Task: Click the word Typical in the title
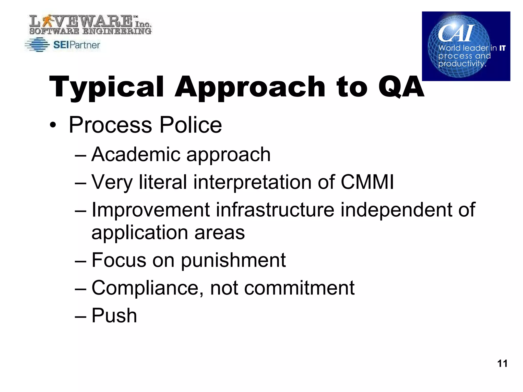pyautogui.click(x=106, y=87)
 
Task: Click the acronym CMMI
pyautogui.click(x=367, y=182)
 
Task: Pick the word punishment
pyautogui.click(x=233, y=260)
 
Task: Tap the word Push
pyautogui.click(x=114, y=315)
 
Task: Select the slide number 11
pyautogui.click(x=502, y=363)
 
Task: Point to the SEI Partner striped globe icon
pyautogui.click(x=37, y=45)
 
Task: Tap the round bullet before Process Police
pyautogui.click(x=53, y=125)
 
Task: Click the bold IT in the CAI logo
pyautogui.click(x=502, y=48)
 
